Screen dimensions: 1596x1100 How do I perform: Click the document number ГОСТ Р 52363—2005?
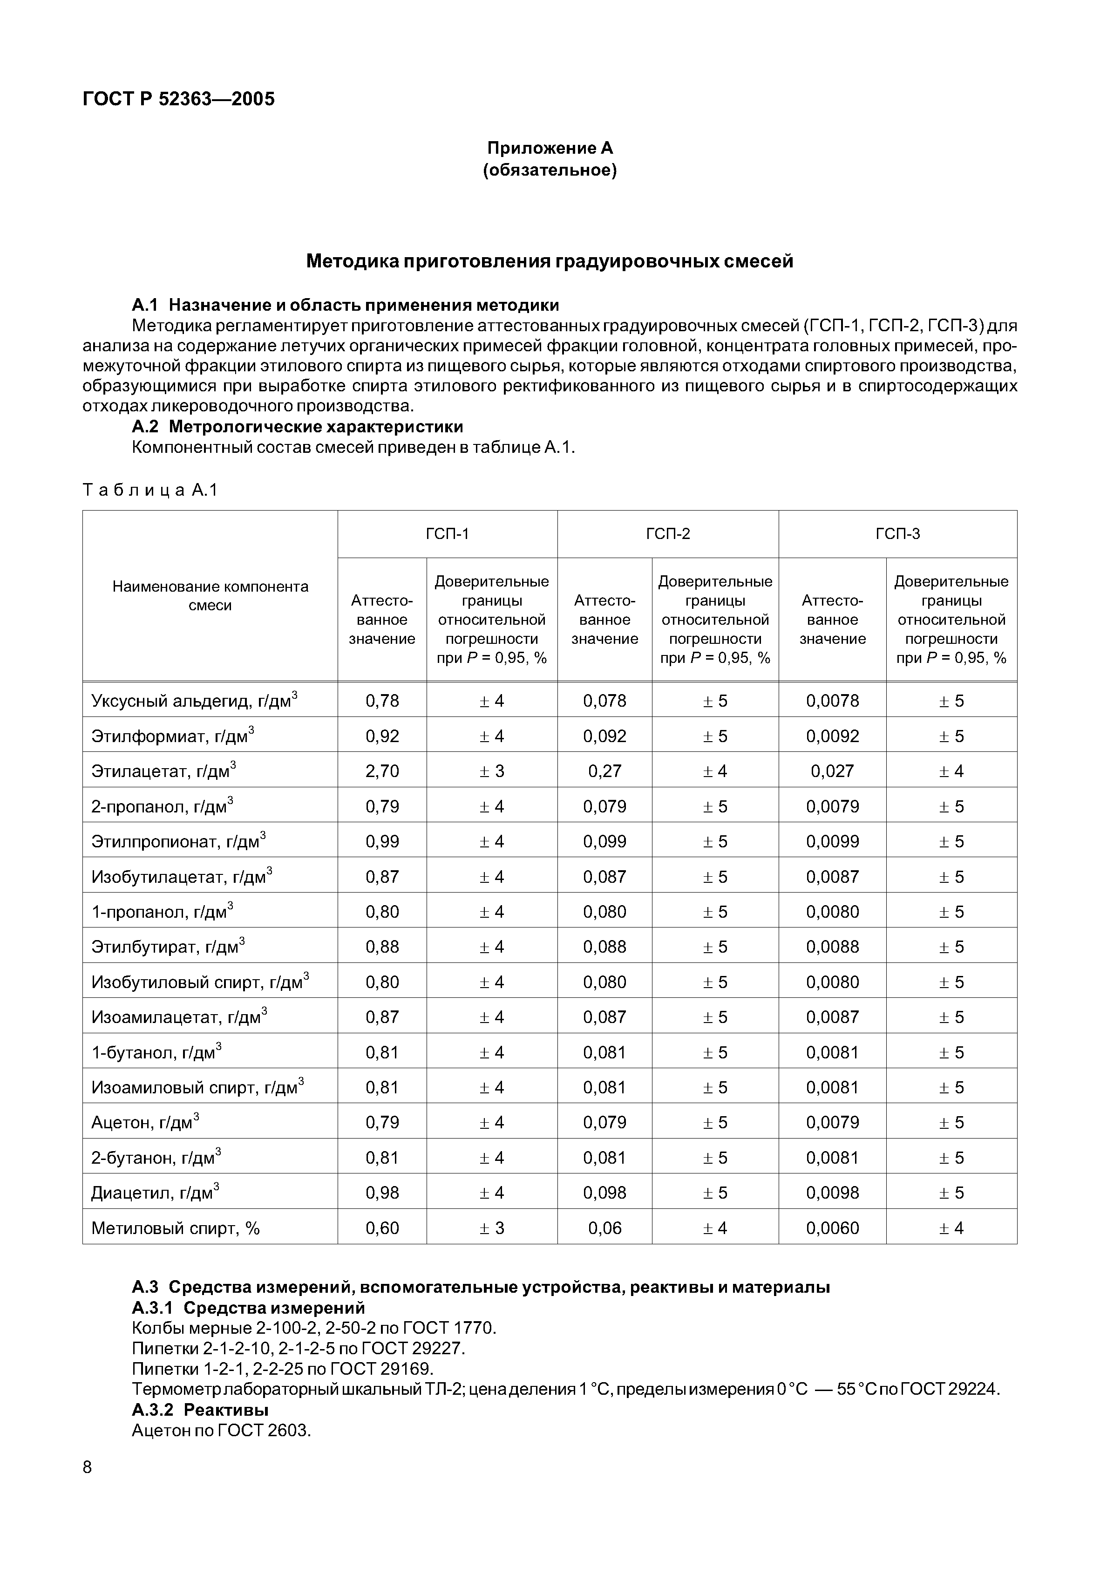[178, 99]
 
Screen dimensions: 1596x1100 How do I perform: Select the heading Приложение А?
[550, 148]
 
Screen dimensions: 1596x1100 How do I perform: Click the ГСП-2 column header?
[667, 533]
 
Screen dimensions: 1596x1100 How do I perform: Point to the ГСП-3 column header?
[897, 533]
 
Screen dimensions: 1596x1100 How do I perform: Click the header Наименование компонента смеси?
[210, 596]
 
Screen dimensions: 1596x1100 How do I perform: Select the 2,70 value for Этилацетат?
[382, 771]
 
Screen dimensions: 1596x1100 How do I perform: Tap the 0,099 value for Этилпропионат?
[604, 842]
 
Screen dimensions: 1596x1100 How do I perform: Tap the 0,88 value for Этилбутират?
[382, 947]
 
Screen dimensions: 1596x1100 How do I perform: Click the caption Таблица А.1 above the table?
[150, 490]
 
